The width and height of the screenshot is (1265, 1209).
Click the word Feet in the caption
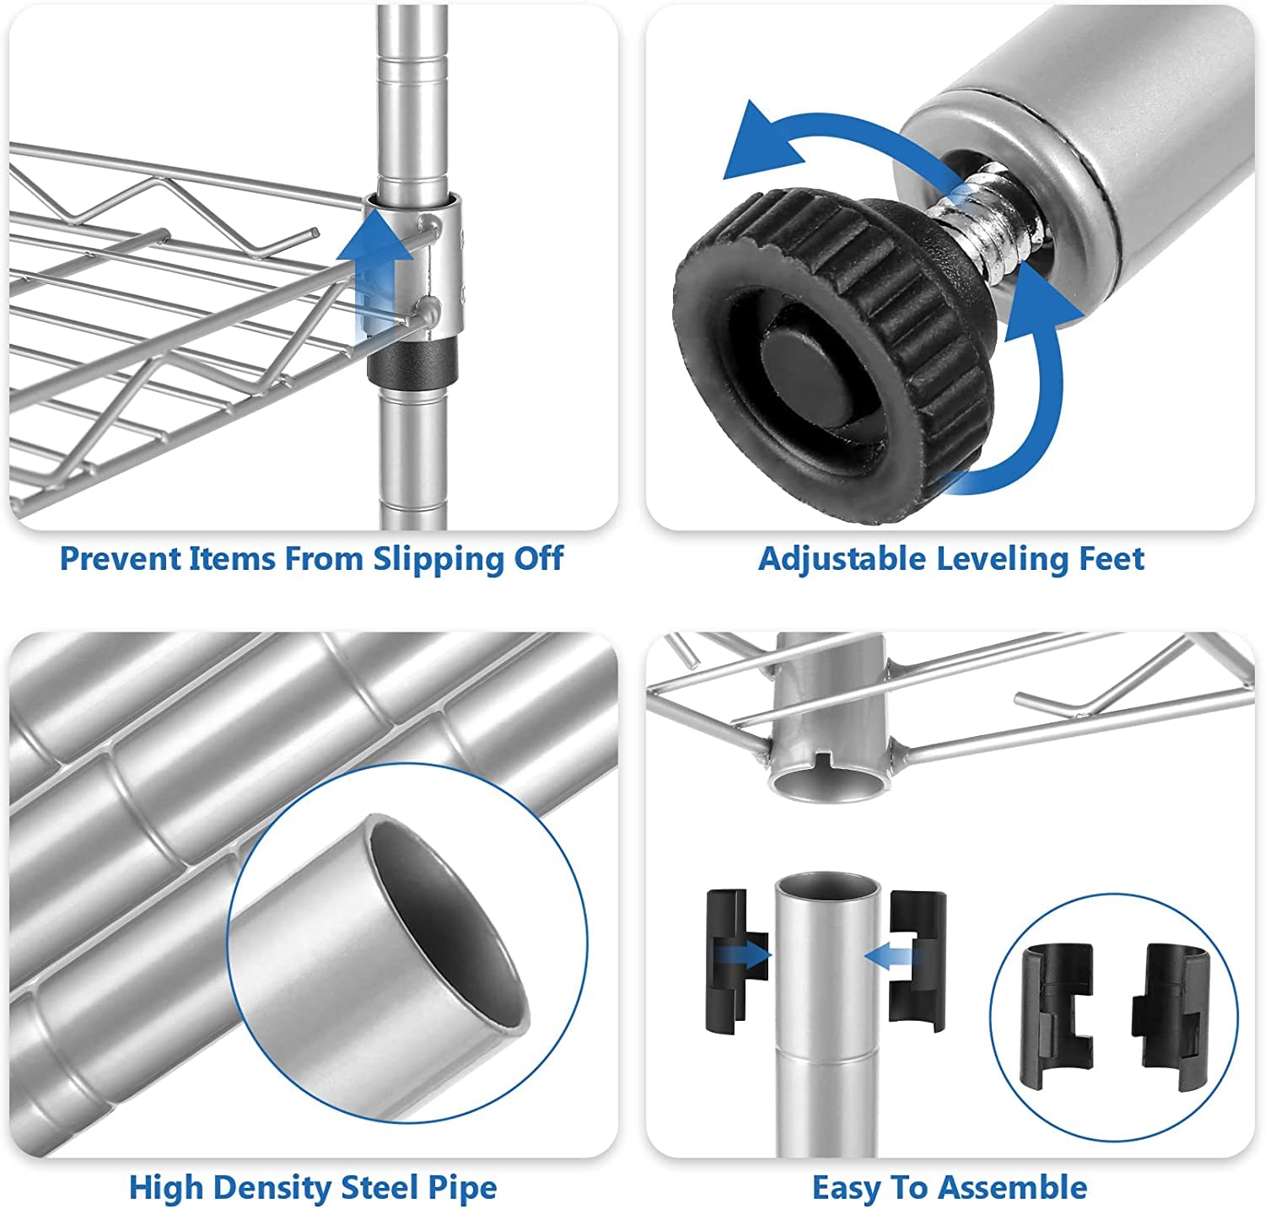tap(1112, 558)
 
